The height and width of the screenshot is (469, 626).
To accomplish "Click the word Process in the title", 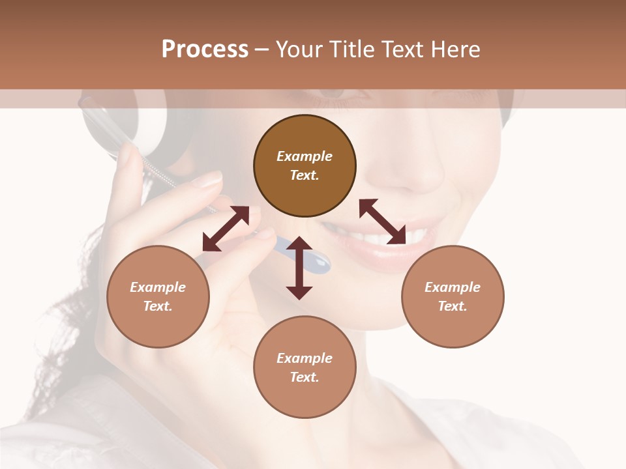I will tap(205, 50).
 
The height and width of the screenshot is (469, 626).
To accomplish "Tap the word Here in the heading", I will tap(456, 50).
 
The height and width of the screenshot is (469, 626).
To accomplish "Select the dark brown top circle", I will tap(305, 166).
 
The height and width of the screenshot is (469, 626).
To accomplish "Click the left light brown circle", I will tap(158, 296).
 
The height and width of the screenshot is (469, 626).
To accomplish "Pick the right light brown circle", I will tap(453, 296).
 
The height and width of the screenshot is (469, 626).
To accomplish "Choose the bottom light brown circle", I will tap(305, 367).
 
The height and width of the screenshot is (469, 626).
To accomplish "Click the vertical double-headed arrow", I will tap(299, 268).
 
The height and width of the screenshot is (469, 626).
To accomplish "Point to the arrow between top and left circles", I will tap(226, 229).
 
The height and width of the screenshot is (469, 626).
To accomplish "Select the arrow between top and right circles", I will tap(383, 221).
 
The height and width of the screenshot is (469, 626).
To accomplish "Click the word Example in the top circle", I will tap(305, 156).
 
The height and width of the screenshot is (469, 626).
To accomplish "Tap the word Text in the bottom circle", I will tap(305, 377).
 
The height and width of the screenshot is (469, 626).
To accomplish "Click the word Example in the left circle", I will tap(158, 287).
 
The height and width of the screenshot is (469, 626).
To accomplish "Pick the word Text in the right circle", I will tap(453, 306).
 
